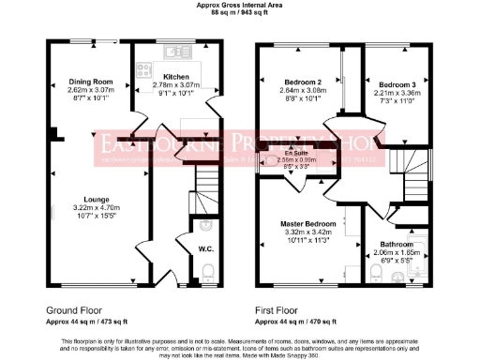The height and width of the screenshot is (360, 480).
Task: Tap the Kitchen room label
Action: tap(176, 77)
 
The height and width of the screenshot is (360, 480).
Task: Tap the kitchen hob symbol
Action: tap(145, 67)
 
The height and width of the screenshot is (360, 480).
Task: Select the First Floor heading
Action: tap(280, 308)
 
